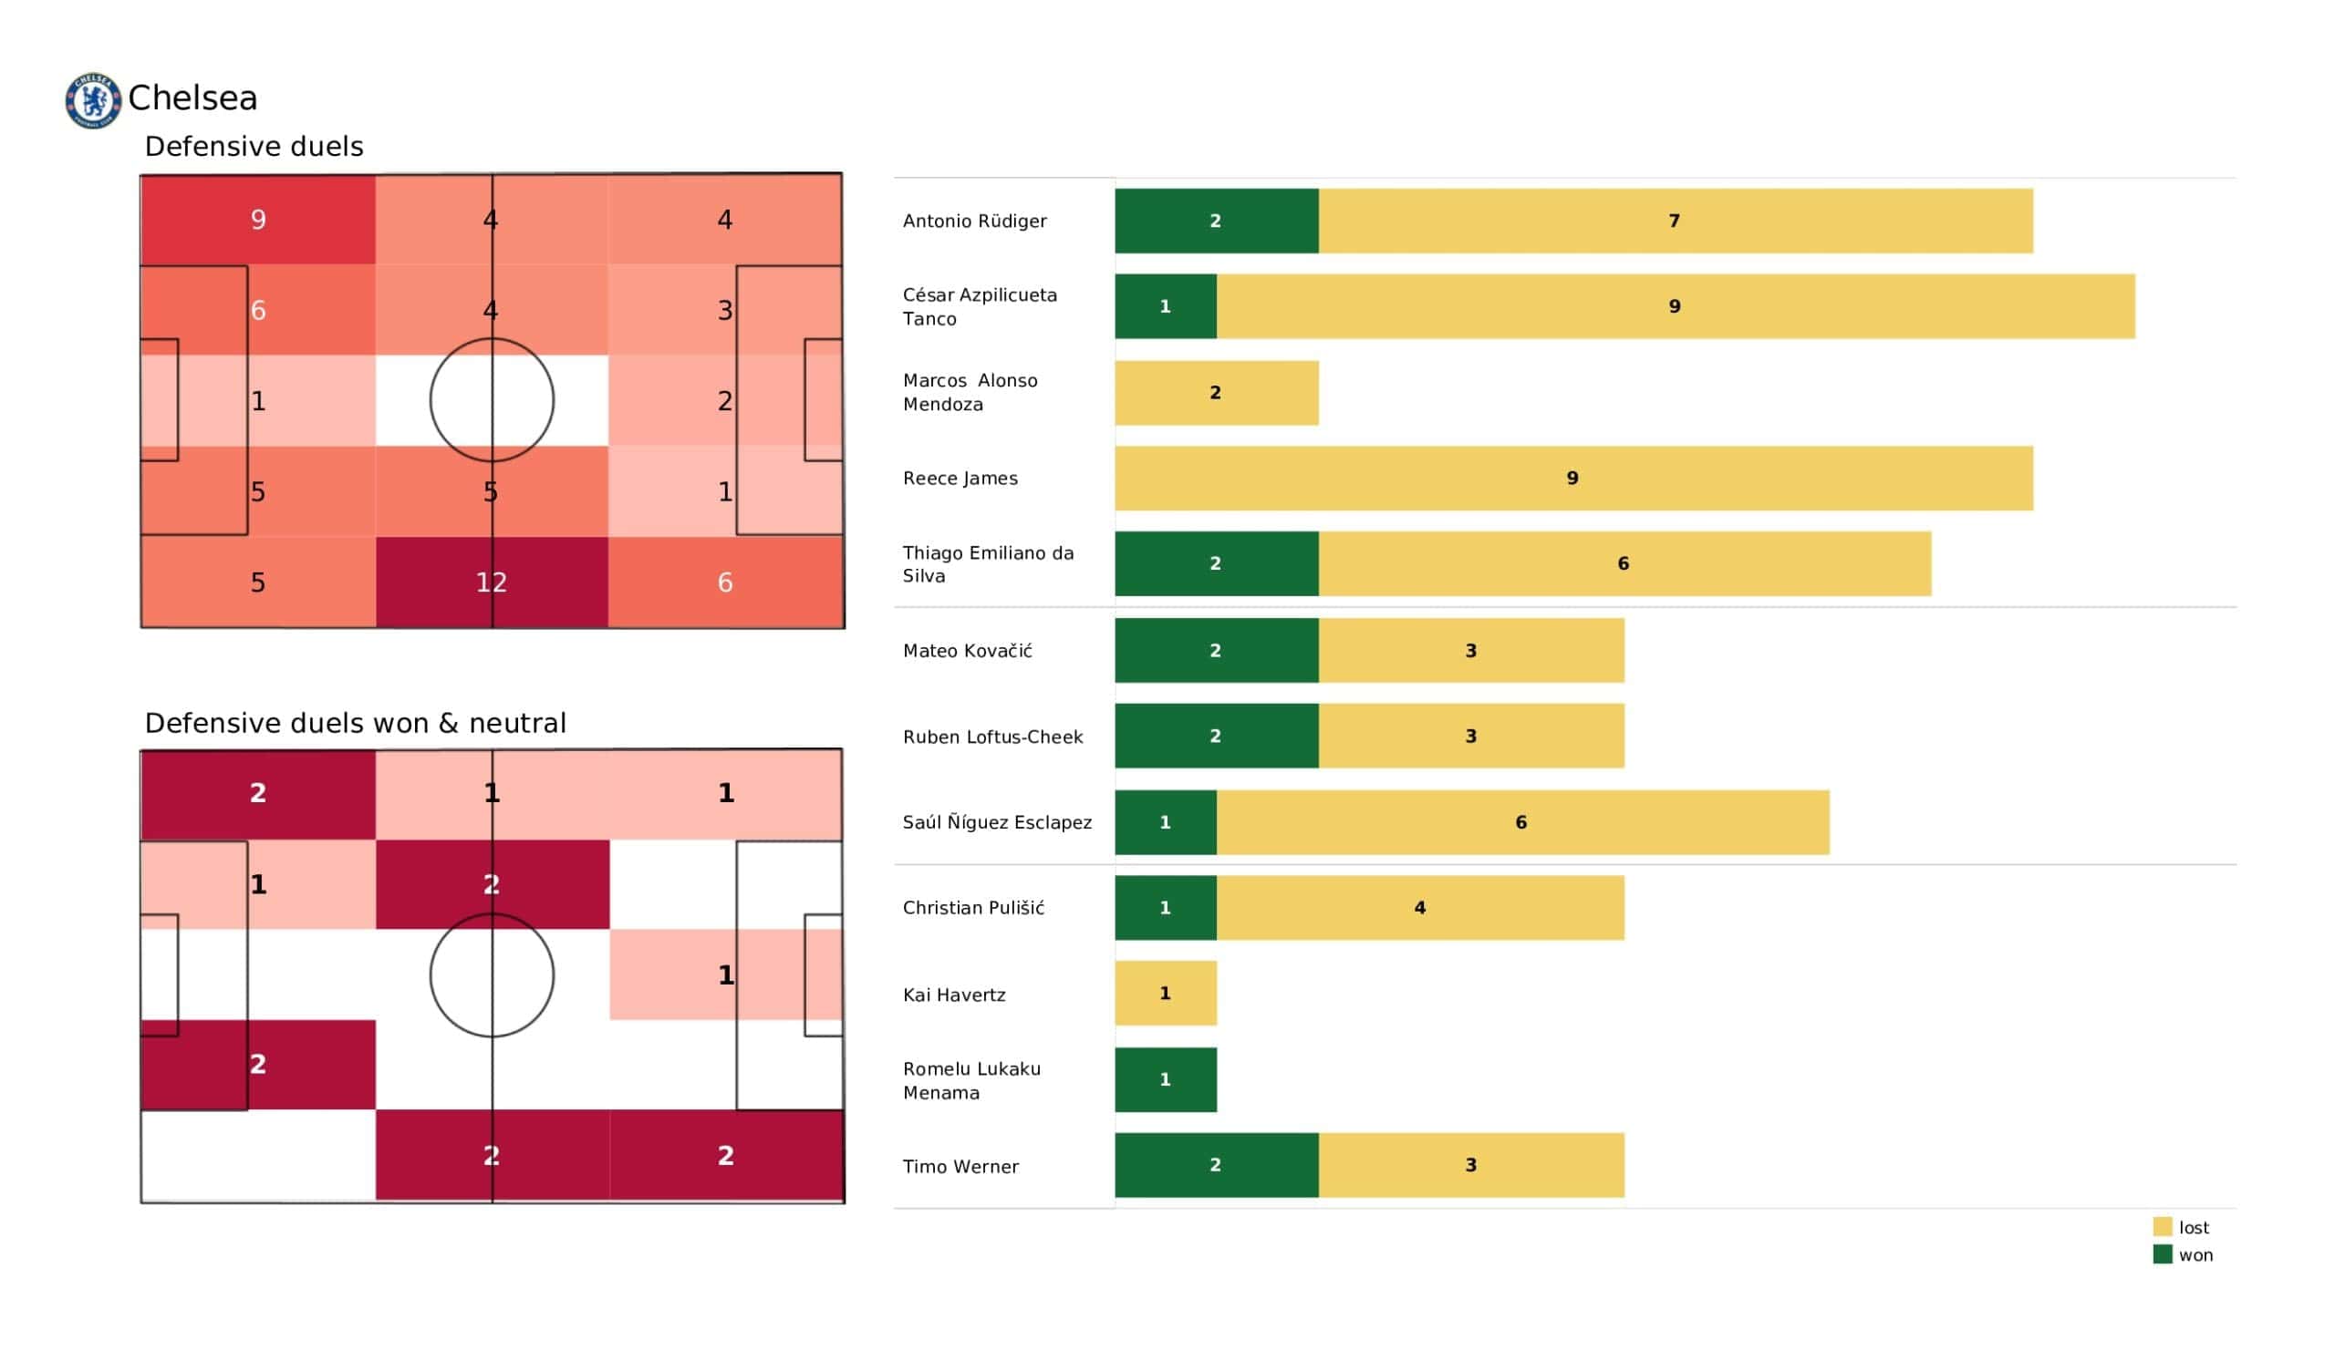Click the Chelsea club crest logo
(x=93, y=100)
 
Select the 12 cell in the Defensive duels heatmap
(x=492, y=582)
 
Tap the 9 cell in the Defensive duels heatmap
(x=257, y=220)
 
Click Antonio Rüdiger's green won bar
(x=1216, y=221)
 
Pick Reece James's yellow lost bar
(x=1573, y=478)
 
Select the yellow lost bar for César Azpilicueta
(x=1676, y=306)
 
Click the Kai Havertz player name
(x=953, y=995)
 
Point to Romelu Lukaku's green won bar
(x=1165, y=1080)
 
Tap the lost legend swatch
(x=2162, y=1227)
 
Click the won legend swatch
(x=2162, y=1255)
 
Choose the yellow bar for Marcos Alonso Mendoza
(x=1216, y=393)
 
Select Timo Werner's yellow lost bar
(x=1470, y=1165)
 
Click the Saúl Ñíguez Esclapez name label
(x=997, y=822)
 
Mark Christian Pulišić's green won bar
(x=1165, y=909)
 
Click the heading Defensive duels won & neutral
(x=355, y=724)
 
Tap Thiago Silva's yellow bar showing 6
(x=1624, y=564)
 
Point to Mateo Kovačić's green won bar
(x=1216, y=651)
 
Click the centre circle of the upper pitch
(x=492, y=400)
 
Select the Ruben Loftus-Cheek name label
(x=992, y=737)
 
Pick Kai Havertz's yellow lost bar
(x=1165, y=994)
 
